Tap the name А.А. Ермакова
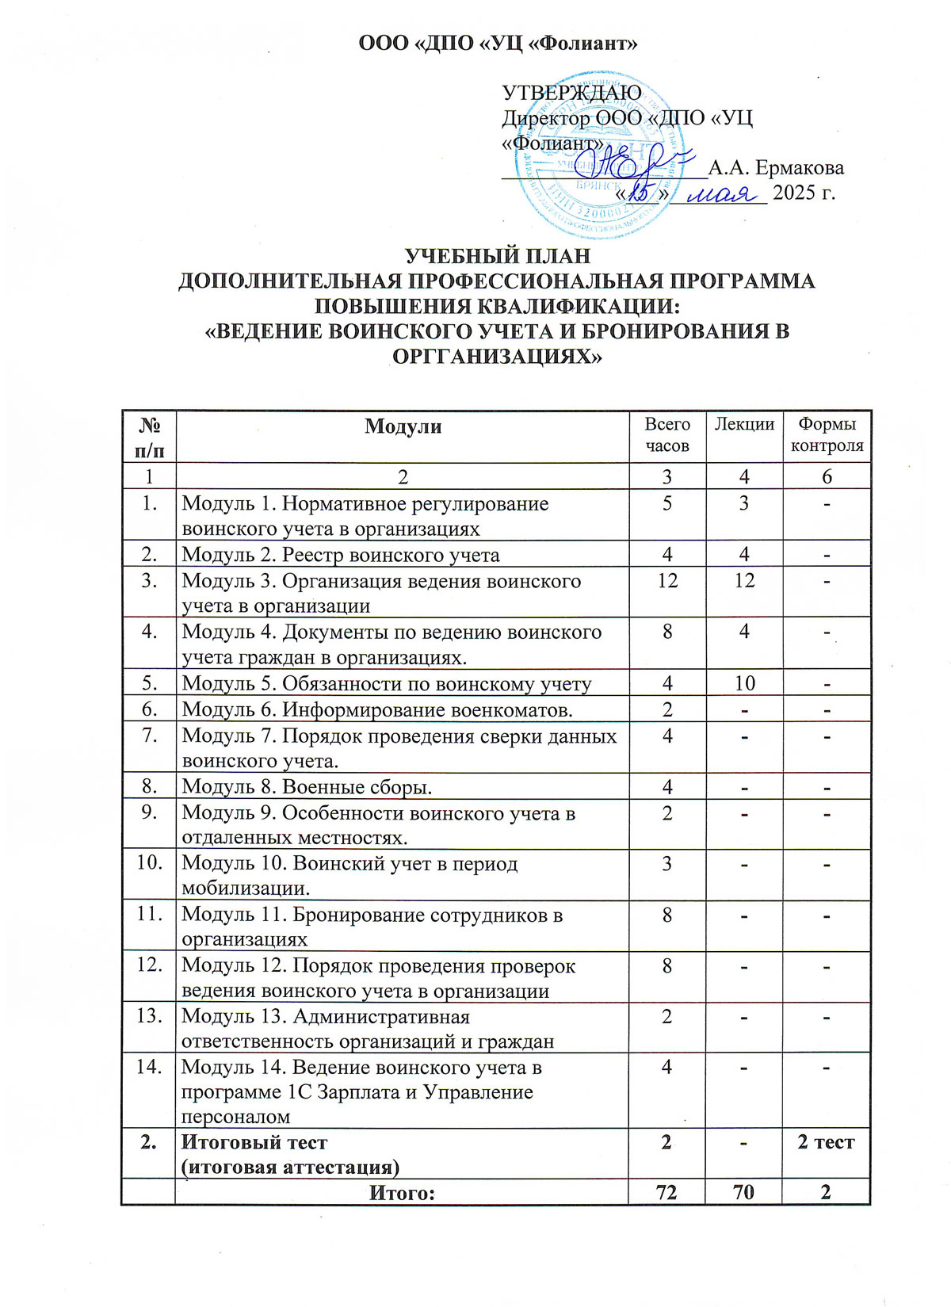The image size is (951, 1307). pos(775,168)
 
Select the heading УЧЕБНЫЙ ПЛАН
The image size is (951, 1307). pos(498,257)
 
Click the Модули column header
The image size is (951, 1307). pos(403,426)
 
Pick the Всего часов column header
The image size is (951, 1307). pos(667,435)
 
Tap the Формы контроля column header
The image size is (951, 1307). pos(827,435)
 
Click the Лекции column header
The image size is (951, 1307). pos(743,424)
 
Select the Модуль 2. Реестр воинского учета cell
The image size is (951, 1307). pos(341,555)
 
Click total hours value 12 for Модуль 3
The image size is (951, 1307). pos(667,581)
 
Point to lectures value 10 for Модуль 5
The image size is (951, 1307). pos(743,683)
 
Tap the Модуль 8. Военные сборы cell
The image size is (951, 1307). pos(307,786)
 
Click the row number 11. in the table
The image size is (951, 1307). pos(149,915)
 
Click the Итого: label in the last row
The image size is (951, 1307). pos(403,1192)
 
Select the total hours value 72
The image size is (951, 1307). pos(667,1192)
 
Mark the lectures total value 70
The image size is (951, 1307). pos(743,1192)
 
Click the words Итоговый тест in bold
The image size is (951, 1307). pos(254,1142)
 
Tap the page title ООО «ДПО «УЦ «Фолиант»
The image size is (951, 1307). pos(498,44)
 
